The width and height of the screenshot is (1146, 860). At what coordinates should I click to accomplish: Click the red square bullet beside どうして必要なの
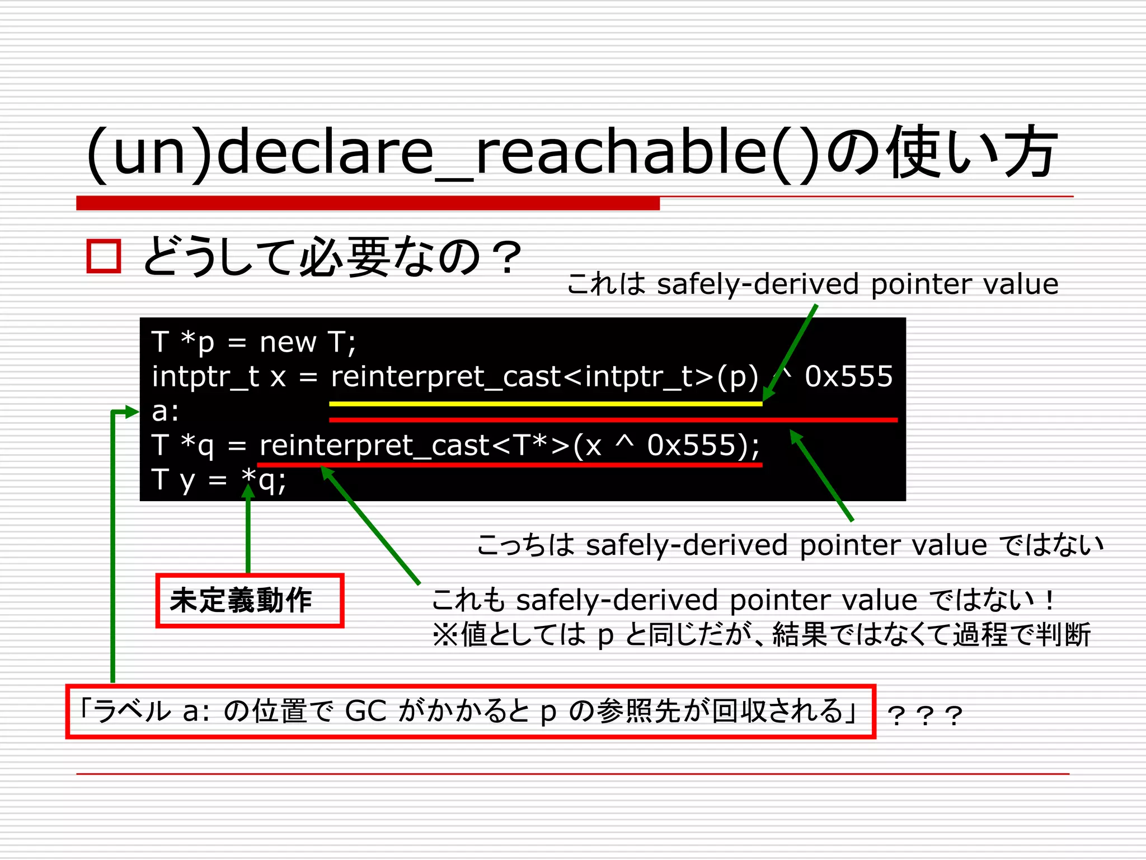tap(104, 256)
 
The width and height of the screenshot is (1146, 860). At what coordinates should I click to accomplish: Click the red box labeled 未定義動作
tap(250, 600)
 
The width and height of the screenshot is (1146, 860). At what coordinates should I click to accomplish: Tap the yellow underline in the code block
tap(546, 403)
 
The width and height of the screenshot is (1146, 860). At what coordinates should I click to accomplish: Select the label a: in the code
tap(165, 412)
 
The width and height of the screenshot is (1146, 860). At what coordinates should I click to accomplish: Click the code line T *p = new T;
tap(253, 342)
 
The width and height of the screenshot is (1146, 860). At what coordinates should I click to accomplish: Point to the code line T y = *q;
tap(218, 480)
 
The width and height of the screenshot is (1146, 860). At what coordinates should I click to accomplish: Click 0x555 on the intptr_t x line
tap(848, 376)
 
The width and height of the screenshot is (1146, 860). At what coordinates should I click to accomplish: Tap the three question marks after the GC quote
tap(925, 716)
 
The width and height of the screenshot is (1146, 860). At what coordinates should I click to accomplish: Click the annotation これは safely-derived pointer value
tap(812, 284)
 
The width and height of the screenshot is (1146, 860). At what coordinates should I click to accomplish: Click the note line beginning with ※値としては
tap(761, 635)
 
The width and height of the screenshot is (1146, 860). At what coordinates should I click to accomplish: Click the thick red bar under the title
tap(368, 203)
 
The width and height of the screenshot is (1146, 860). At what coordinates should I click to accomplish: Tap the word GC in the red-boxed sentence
tap(365, 711)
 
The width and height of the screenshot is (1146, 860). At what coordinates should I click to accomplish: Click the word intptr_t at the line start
tap(205, 376)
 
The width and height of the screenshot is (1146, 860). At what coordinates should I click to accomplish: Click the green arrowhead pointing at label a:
tap(132, 412)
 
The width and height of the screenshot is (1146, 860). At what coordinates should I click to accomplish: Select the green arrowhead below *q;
tap(248, 491)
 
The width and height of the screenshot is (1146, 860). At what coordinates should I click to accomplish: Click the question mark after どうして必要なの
tap(508, 258)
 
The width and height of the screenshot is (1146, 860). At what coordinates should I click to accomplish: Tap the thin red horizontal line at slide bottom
tap(572, 774)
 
